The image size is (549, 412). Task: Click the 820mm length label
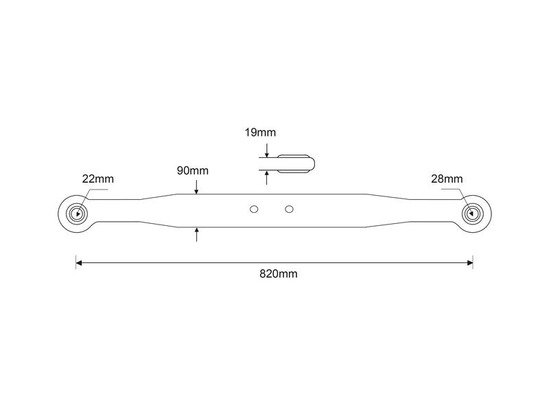pos(278,273)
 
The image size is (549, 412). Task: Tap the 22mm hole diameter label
pos(97,179)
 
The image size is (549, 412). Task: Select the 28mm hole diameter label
pos(447,179)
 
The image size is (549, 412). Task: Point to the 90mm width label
pos(193,170)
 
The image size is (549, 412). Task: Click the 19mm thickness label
pos(260,133)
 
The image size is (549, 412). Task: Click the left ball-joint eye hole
pos(76,212)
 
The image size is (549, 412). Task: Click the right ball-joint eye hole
pos(472,212)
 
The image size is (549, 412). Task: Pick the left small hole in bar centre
pos(254,208)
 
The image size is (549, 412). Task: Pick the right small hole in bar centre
pos(289,208)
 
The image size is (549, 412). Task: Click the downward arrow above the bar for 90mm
pos(196,190)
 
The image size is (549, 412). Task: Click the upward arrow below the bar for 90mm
pos(196,231)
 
